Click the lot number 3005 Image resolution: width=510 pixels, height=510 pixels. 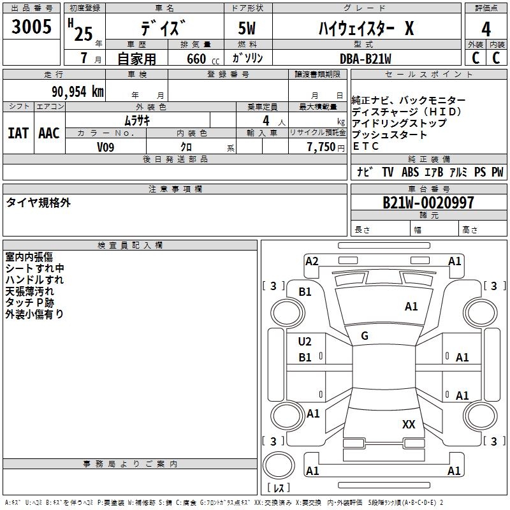pyautogui.click(x=31, y=26)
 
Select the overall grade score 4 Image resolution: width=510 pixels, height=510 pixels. pyautogui.click(x=486, y=29)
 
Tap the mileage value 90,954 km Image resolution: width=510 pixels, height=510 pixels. pyautogui.click(x=78, y=92)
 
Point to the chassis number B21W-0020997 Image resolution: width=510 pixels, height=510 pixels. pyautogui.click(x=428, y=203)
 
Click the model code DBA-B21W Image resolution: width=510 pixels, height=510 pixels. pyautogui.click(x=365, y=59)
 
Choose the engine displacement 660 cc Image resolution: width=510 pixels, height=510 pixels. pyautogui.click(x=203, y=59)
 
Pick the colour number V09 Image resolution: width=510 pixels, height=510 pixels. pyautogui.click(x=105, y=147)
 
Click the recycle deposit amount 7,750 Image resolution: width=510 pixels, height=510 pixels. pyautogui.click(x=321, y=147)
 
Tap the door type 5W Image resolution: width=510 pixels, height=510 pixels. pyautogui.click(x=247, y=28)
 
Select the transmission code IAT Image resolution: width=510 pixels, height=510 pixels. pyautogui.click(x=18, y=133)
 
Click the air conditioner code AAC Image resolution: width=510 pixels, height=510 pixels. pyautogui.click(x=49, y=133)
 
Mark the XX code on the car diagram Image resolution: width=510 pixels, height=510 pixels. pyautogui.click(x=409, y=424)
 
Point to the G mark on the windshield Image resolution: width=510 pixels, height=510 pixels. pyautogui.click(x=365, y=336)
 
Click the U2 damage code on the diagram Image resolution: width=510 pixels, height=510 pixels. pyautogui.click(x=305, y=342)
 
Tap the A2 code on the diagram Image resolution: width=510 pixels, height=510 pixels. pyautogui.click(x=312, y=261)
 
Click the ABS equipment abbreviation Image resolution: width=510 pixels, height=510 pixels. pyautogui.click(x=410, y=171)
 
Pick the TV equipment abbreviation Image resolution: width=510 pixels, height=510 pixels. pyautogui.click(x=388, y=171)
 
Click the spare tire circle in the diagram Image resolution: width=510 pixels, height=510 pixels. pyautogui.click(x=279, y=465)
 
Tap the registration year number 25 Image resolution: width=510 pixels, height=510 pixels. pyautogui.click(x=84, y=34)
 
